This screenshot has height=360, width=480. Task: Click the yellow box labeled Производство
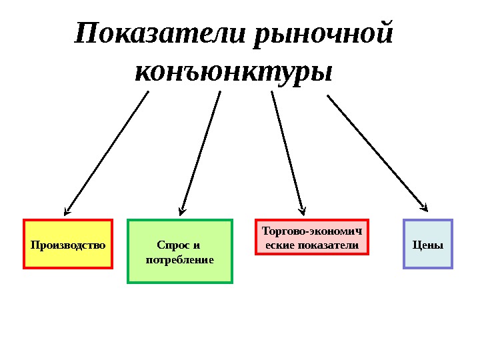(x=68, y=244)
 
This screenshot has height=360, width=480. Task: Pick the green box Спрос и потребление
(x=180, y=251)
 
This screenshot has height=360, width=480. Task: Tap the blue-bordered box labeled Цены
(x=428, y=244)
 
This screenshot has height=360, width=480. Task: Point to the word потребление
(x=180, y=259)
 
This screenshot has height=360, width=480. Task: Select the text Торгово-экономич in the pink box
(x=312, y=231)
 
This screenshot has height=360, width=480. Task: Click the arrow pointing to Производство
(x=107, y=153)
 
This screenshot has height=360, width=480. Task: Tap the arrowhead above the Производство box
(x=67, y=212)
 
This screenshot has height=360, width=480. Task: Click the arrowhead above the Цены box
(x=425, y=206)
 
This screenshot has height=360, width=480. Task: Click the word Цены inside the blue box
(x=428, y=245)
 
